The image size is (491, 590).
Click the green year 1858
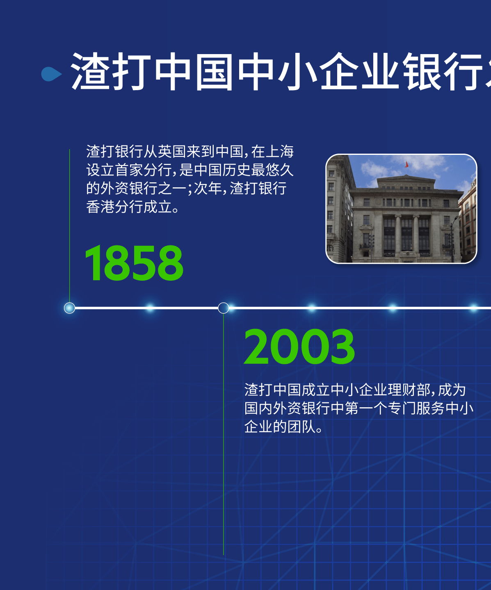(x=134, y=263)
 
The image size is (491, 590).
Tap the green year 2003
(x=299, y=347)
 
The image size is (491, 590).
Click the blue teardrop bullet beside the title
(x=51, y=74)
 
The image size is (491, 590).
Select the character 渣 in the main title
(x=91, y=71)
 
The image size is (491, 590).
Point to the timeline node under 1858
(x=70, y=308)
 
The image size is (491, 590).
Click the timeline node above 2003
(x=224, y=308)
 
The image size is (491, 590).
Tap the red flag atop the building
(x=407, y=164)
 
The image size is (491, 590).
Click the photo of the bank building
(x=401, y=209)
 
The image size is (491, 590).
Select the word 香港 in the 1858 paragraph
(x=100, y=207)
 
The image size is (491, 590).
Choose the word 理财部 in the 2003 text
(x=409, y=390)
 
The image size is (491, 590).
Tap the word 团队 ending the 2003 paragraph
(x=301, y=427)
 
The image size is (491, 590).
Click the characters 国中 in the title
(x=235, y=71)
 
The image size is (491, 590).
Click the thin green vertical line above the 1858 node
(x=70, y=226)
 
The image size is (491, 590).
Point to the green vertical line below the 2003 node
(x=224, y=434)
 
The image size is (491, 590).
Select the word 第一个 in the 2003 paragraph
(x=366, y=408)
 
